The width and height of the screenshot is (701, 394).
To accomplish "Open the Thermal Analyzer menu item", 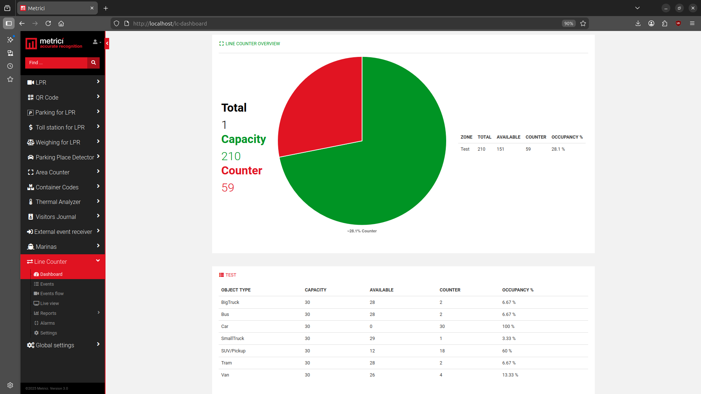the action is click(58, 202).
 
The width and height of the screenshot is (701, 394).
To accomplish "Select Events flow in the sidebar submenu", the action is click(52, 294).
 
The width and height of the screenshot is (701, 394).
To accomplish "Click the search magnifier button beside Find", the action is click(93, 63).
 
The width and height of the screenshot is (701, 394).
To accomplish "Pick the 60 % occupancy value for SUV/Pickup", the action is click(507, 351).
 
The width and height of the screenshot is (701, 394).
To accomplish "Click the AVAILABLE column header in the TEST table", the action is click(382, 290).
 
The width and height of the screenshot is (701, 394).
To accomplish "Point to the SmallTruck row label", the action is click(233, 339).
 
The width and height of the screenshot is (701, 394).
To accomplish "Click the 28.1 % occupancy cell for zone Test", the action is click(558, 149).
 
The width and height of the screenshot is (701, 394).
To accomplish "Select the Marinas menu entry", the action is click(46, 247).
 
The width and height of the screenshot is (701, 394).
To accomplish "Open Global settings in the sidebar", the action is click(55, 345).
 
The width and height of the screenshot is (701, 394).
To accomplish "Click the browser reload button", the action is click(48, 23).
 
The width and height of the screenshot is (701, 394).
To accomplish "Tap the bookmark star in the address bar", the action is click(583, 23).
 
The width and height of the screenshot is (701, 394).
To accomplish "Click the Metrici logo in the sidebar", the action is click(54, 43).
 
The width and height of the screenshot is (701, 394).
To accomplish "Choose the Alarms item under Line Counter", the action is click(47, 323).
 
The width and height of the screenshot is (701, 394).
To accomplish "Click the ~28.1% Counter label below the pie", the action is click(362, 231).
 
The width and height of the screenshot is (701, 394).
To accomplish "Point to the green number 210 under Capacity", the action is click(231, 156).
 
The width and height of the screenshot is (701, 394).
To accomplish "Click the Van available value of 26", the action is click(372, 375).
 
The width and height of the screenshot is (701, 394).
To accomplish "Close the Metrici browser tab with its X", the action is click(92, 8).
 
